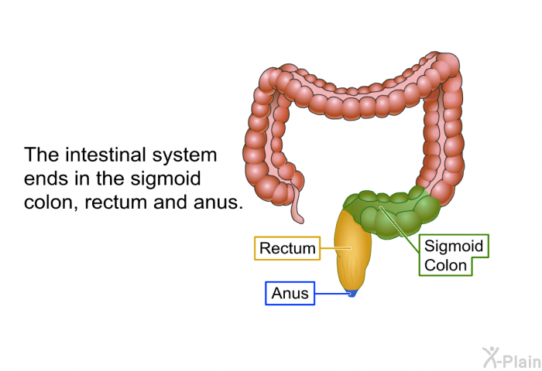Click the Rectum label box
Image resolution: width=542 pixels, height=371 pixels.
[287, 248]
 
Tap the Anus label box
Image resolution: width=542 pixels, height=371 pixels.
[290, 294]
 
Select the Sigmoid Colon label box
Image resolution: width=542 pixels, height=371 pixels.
[454, 255]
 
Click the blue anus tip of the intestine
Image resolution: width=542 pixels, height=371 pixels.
[352, 293]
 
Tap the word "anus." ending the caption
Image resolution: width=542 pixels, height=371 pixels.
[218, 203]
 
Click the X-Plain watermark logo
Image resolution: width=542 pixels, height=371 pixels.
[512, 358]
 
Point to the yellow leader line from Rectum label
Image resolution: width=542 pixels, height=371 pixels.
[335, 248]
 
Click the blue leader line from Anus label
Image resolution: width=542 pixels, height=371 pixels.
[332, 294]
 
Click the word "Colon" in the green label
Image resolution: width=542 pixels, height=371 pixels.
[445, 265]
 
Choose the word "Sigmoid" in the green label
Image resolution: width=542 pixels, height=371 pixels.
[454, 247]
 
